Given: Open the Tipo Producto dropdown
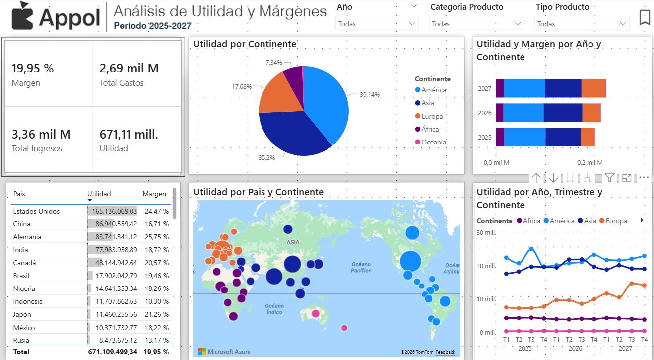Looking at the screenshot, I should (581, 23).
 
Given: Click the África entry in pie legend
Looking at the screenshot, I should (430, 129).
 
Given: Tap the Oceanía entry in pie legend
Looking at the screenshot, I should (433, 142).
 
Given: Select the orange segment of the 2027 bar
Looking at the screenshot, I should (593, 88).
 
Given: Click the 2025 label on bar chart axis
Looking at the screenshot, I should (484, 137).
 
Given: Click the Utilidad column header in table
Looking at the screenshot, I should (99, 194).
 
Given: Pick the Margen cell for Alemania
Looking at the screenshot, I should (156, 237).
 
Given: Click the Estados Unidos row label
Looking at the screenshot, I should (36, 211).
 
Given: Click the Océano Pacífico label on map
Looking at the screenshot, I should (361, 267).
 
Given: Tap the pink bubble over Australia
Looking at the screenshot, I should (315, 313).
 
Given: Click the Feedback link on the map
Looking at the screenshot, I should (445, 352).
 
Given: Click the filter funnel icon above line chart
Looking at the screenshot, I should (610, 177).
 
